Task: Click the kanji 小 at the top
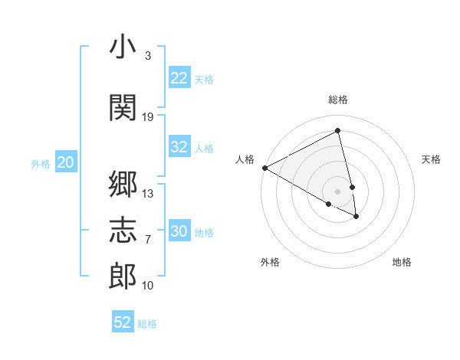click(x=123, y=47)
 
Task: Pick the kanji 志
click(x=123, y=230)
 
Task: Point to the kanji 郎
click(x=123, y=277)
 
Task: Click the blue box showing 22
click(x=179, y=78)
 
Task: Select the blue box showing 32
click(x=179, y=147)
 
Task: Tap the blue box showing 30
click(x=179, y=231)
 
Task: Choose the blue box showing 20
click(x=66, y=162)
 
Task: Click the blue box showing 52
click(x=123, y=322)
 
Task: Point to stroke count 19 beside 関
click(x=148, y=116)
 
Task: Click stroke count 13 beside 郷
click(x=148, y=193)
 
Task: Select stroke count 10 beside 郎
click(x=148, y=286)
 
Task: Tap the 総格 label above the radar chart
click(x=338, y=100)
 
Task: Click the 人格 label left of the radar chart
click(x=245, y=159)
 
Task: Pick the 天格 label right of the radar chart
click(x=431, y=159)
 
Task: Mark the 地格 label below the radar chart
click(x=402, y=262)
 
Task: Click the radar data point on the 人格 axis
click(x=264, y=168)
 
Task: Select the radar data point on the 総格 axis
click(x=338, y=131)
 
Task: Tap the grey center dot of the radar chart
click(x=338, y=191)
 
